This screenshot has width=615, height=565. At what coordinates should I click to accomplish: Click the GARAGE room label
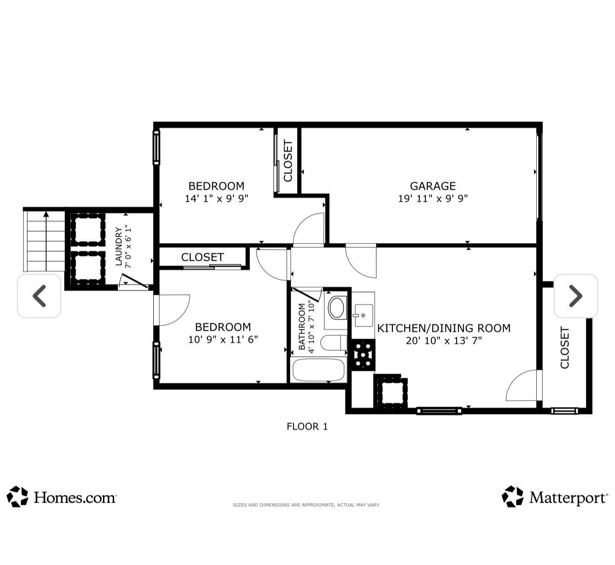(x=432, y=186)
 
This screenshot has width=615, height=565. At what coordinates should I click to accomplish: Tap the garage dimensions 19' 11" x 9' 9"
(x=432, y=198)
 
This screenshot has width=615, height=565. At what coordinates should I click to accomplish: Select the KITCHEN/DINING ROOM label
(x=444, y=328)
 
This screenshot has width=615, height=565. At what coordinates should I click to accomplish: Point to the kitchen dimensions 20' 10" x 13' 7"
(x=444, y=340)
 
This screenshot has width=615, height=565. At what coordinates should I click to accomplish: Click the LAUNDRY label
(x=119, y=246)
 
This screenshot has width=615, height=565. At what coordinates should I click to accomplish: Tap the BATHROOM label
(x=301, y=326)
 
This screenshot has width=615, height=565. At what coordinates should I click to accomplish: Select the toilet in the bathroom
(x=334, y=343)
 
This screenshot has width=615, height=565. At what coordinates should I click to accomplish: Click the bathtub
(x=318, y=370)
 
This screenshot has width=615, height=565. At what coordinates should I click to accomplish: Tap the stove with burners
(x=363, y=354)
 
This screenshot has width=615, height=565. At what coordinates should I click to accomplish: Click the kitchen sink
(x=363, y=315)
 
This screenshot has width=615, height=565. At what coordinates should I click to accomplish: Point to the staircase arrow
(x=46, y=241)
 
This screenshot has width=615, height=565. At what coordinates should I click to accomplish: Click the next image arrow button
(x=575, y=296)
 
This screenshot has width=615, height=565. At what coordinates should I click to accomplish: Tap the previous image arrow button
(x=39, y=296)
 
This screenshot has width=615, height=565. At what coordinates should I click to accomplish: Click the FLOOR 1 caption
(x=307, y=427)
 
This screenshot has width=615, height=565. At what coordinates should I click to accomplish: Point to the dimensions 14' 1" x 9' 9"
(x=216, y=198)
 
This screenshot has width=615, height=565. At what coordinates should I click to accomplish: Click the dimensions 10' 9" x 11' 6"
(x=223, y=340)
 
